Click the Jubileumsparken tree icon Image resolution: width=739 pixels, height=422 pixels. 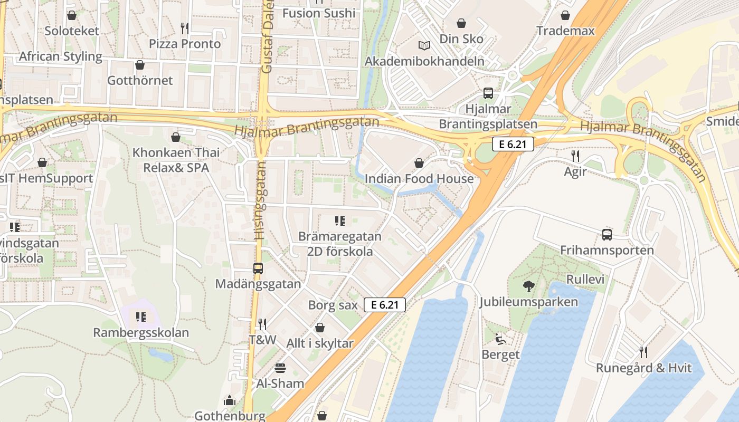(528, 286)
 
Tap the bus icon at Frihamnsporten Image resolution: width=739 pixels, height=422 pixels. (607, 235)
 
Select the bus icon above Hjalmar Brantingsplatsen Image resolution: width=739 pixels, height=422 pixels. (488, 94)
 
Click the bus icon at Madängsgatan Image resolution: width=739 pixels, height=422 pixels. (258, 268)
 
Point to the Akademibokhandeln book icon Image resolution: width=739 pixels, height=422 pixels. (424, 46)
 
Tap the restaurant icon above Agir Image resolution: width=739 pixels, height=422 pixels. (575, 156)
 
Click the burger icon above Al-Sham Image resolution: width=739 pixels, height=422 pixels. (280, 368)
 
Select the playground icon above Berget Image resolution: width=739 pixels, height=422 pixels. (500, 339)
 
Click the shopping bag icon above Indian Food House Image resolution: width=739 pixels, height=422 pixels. (419, 164)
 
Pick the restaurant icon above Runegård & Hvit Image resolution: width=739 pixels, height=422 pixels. (643, 352)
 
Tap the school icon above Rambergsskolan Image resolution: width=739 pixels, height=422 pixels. (140, 317)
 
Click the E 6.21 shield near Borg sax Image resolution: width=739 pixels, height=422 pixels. (385, 304)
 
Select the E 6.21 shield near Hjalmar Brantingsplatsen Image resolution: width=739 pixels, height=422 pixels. (513, 144)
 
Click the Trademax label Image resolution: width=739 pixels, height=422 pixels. (565, 31)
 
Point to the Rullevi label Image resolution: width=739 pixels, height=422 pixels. (585, 279)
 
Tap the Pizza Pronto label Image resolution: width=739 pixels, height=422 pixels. (185, 44)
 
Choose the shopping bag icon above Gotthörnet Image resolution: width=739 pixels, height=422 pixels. (140, 65)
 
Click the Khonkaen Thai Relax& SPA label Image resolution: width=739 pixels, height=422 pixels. (176, 160)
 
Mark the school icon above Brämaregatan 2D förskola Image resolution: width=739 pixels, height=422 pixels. (340, 221)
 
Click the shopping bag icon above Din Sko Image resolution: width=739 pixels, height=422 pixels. (461, 23)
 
